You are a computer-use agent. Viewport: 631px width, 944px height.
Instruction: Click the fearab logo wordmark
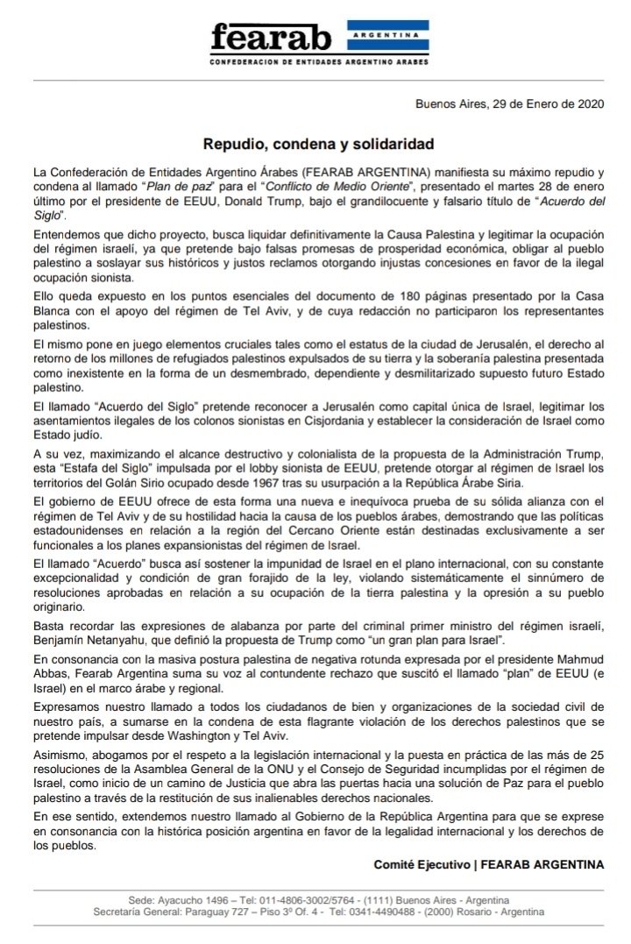coord(272,39)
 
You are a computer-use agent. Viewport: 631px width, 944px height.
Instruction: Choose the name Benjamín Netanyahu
coord(88,641)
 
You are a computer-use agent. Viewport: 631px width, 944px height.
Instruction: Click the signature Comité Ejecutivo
coord(422,864)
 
